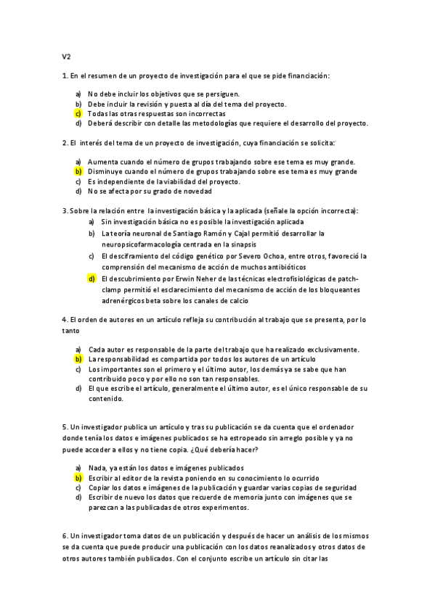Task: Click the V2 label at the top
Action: click(x=66, y=55)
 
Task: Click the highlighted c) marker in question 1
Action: click(x=78, y=114)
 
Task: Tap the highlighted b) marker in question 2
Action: click(x=78, y=171)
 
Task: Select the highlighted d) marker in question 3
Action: click(x=92, y=278)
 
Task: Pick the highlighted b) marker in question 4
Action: click(x=78, y=359)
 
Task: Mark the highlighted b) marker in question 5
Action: click(x=78, y=479)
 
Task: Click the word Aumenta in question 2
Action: click(x=102, y=161)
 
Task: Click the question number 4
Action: click(x=65, y=319)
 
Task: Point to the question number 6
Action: click(x=65, y=535)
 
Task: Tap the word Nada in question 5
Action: click(x=97, y=469)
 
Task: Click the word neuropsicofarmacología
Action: click(x=142, y=244)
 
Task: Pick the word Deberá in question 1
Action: click(x=100, y=123)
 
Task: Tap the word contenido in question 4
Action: click(x=106, y=398)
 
